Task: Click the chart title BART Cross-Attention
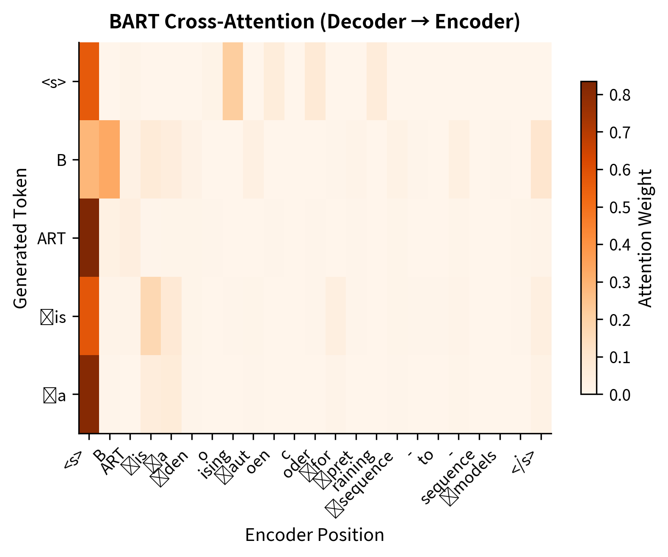pos(315,22)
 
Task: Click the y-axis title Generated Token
pos(20,238)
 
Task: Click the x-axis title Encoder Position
pos(315,535)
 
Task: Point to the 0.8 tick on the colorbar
pos(620,95)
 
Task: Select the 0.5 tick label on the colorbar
pos(620,207)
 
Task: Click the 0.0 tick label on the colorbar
pos(620,395)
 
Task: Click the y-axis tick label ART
pos(51,239)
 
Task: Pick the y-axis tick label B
pos(61,160)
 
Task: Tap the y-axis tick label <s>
pos(54,82)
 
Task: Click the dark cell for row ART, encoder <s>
pos(89,238)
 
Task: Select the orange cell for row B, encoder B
pos(110,160)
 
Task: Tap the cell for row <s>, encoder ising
pos(233,81)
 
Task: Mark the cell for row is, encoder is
pos(151,316)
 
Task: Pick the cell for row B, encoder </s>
pos(541,160)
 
